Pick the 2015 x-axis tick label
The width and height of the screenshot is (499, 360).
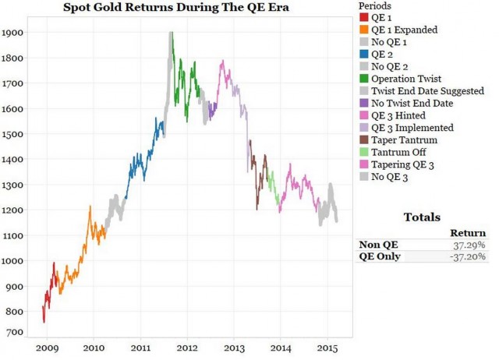(327, 348)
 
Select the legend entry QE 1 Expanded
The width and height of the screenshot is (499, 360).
(404, 30)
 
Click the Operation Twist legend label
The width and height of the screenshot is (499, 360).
(408, 78)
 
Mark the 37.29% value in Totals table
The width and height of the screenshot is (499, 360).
(470, 244)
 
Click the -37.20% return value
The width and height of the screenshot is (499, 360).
(469, 256)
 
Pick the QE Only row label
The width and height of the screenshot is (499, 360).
(379, 256)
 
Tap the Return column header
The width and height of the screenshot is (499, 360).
(469, 232)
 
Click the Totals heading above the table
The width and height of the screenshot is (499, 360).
(422, 217)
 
